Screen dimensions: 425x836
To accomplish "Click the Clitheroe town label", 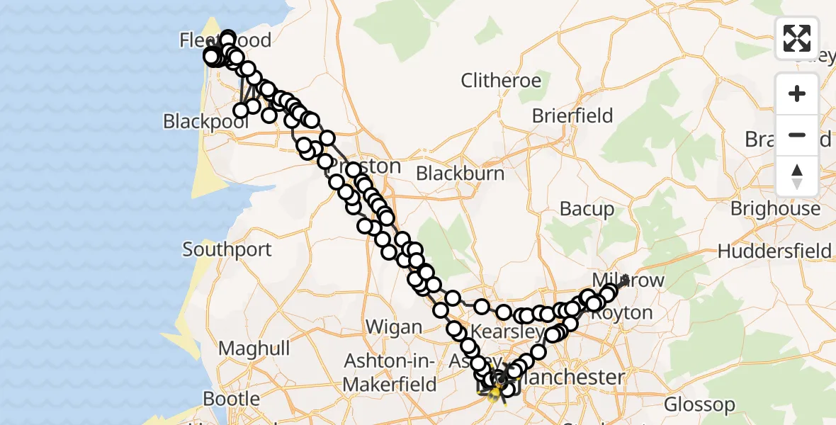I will [x=500, y=81].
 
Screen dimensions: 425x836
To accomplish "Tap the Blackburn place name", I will [x=461, y=174].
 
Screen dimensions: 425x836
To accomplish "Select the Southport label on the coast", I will [x=227, y=249].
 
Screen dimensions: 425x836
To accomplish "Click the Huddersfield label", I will [x=774, y=251].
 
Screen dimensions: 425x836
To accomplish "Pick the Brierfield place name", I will [x=572, y=115].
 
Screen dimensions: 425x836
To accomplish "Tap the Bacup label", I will [x=587, y=209].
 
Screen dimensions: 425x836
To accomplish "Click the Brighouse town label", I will [x=775, y=209].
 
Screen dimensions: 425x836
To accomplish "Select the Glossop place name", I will [x=699, y=405].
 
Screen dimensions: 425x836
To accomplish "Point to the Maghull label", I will [x=254, y=348].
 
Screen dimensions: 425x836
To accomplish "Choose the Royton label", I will [x=621, y=312].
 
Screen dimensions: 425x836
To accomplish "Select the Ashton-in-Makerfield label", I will [x=390, y=372].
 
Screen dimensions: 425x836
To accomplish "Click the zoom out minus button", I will [x=797, y=135].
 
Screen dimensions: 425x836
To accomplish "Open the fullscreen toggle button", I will [x=797, y=38].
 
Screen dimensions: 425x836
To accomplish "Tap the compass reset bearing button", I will [x=797, y=176].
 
